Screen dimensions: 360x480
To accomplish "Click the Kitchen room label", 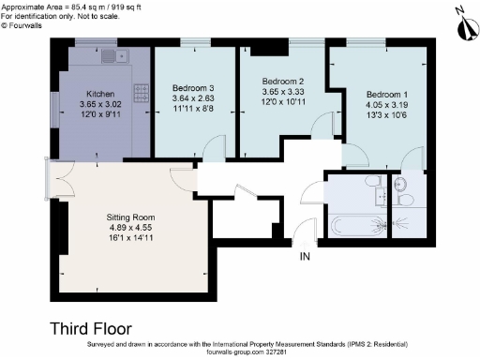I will [x=100, y=94].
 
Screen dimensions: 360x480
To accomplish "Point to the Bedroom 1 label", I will [x=386, y=95].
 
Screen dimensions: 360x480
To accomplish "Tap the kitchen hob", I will [x=144, y=93].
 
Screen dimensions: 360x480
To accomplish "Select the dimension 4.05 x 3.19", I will [x=386, y=106].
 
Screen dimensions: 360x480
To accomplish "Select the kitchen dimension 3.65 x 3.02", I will [x=100, y=105].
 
